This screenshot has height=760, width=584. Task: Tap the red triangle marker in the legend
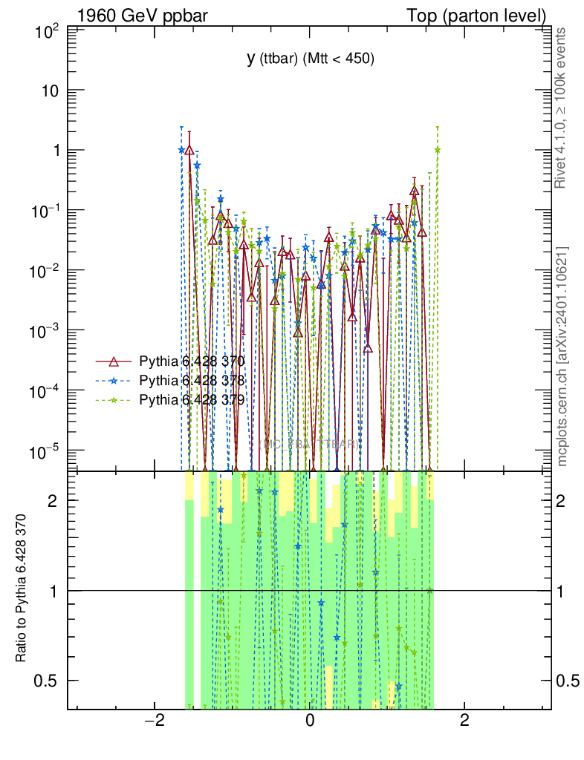click(x=114, y=361)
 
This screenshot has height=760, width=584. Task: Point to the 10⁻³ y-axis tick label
click(x=46, y=331)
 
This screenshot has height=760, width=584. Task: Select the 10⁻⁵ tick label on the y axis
click(x=46, y=451)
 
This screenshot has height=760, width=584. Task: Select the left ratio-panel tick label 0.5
click(x=48, y=681)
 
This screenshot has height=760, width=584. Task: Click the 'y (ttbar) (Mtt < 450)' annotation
click(x=311, y=59)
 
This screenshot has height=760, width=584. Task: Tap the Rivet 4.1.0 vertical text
click(x=562, y=108)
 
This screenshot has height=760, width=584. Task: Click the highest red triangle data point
click(x=189, y=150)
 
